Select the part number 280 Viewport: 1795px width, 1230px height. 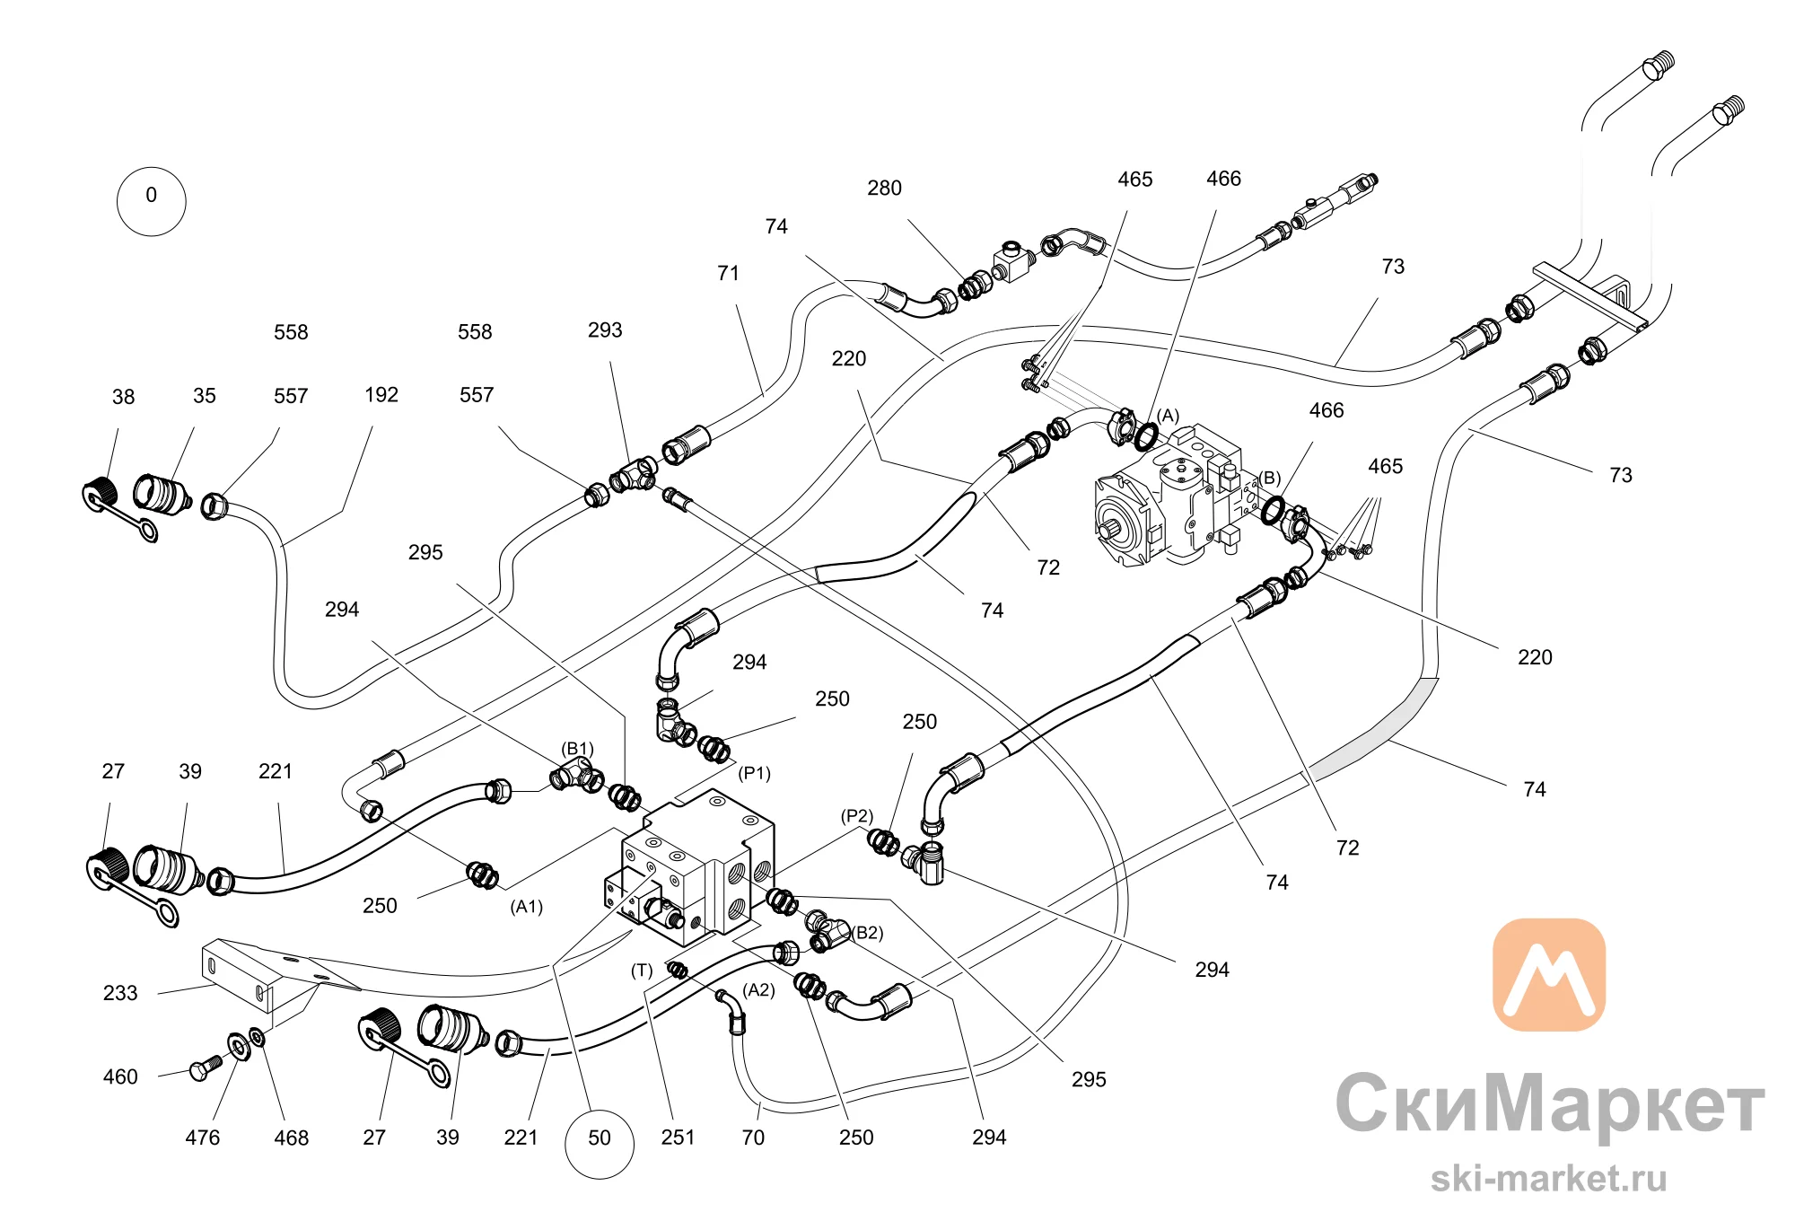tap(884, 188)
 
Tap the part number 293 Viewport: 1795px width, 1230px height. tap(605, 329)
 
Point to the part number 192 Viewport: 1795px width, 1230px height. tap(381, 394)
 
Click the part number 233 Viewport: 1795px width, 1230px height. tap(120, 993)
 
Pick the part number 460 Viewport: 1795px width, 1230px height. tap(120, 1076)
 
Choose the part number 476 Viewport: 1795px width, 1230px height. tap(202, 1138)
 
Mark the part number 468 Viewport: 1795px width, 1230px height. tap(291, 1138)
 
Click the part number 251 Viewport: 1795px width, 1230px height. tap(678, 1138)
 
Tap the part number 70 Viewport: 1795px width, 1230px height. tap(753, 1138)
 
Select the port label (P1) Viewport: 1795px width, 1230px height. tap(754, 773)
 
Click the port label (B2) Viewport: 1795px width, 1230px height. tap(867, 933)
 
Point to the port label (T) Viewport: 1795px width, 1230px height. tap(642, 970)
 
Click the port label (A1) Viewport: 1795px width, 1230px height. tap(527, 907)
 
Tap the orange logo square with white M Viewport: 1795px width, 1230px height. tap(1549, 974)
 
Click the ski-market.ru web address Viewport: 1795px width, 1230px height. tap(1549, 1178)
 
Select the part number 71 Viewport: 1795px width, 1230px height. tap(728, 273)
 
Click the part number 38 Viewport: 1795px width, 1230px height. tap(123, 397)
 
